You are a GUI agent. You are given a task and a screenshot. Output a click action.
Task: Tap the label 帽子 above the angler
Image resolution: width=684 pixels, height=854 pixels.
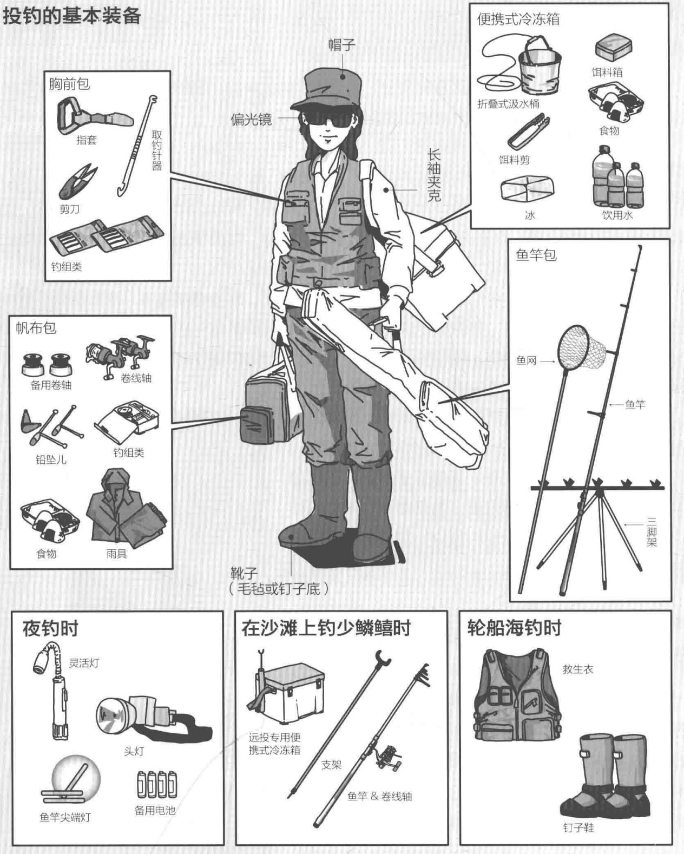(x=342, y=44)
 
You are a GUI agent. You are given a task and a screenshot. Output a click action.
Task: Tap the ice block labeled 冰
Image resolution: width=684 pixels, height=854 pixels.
(x=527, y=188)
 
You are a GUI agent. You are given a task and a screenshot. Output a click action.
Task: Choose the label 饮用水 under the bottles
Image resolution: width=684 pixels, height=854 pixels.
(x=617, y=215)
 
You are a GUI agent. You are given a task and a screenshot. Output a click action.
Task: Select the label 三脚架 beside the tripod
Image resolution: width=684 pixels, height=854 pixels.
(x=652, y=531)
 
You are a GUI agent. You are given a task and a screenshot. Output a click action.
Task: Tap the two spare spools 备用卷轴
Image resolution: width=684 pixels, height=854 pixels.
(x=48, y=363)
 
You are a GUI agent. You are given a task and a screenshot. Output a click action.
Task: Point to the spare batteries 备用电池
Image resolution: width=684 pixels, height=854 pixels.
(x=157, y=784)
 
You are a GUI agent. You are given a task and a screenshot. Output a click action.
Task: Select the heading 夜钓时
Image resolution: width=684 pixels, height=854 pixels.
(x=50, y=628)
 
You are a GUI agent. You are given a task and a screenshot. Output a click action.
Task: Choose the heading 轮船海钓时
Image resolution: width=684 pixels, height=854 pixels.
(x=514, y=628)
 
